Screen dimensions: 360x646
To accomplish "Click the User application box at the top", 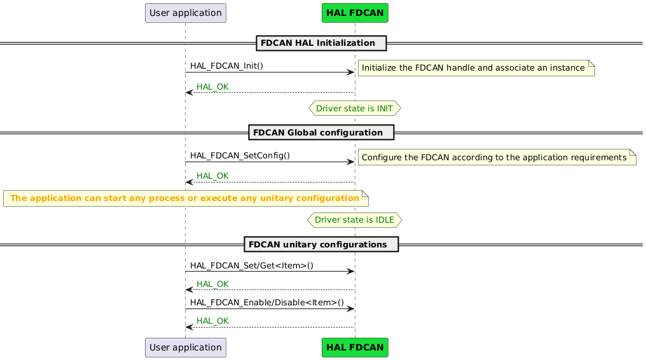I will tap(185, 13).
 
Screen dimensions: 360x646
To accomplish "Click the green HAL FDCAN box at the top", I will tap(355, 13).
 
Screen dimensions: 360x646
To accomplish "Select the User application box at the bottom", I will tap(185, 347).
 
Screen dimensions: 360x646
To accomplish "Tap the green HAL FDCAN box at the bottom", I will tap(355, 347).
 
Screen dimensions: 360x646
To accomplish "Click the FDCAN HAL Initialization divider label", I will tap(321, 43).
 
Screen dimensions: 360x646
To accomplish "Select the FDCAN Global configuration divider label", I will tap(321, 132).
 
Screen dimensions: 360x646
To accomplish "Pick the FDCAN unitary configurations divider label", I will tap(321, 245).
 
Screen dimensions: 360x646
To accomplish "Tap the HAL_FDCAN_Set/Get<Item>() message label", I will tap(251, 265).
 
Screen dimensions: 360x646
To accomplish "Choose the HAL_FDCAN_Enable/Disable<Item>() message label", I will tap(266, 303).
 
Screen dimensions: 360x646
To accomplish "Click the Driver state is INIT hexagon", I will tap(354, 108).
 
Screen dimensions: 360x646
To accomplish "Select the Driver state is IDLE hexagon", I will tap(354, 220).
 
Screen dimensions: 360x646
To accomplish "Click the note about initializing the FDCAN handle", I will tap(476, 68).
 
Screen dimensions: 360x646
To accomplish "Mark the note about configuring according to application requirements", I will tap(497, 157).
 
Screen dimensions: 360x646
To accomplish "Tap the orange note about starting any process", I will tap(185, 198).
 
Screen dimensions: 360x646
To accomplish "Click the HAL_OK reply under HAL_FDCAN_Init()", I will tap(212, 87).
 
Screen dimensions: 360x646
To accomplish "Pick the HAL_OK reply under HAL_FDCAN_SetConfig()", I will tap(212, 176).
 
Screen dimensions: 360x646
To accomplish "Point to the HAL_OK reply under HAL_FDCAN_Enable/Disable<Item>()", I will tap(212, 321).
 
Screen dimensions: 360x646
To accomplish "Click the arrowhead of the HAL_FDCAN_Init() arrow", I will tap(350, 73).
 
